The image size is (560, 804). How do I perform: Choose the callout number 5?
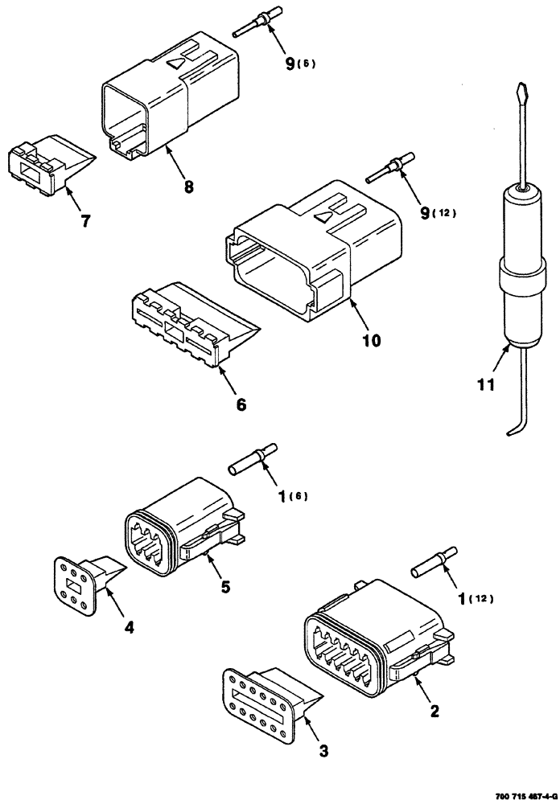pos(226,586)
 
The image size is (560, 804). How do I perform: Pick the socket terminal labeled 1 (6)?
pos(253,458)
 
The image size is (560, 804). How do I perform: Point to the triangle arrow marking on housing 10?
pos(324,215)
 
